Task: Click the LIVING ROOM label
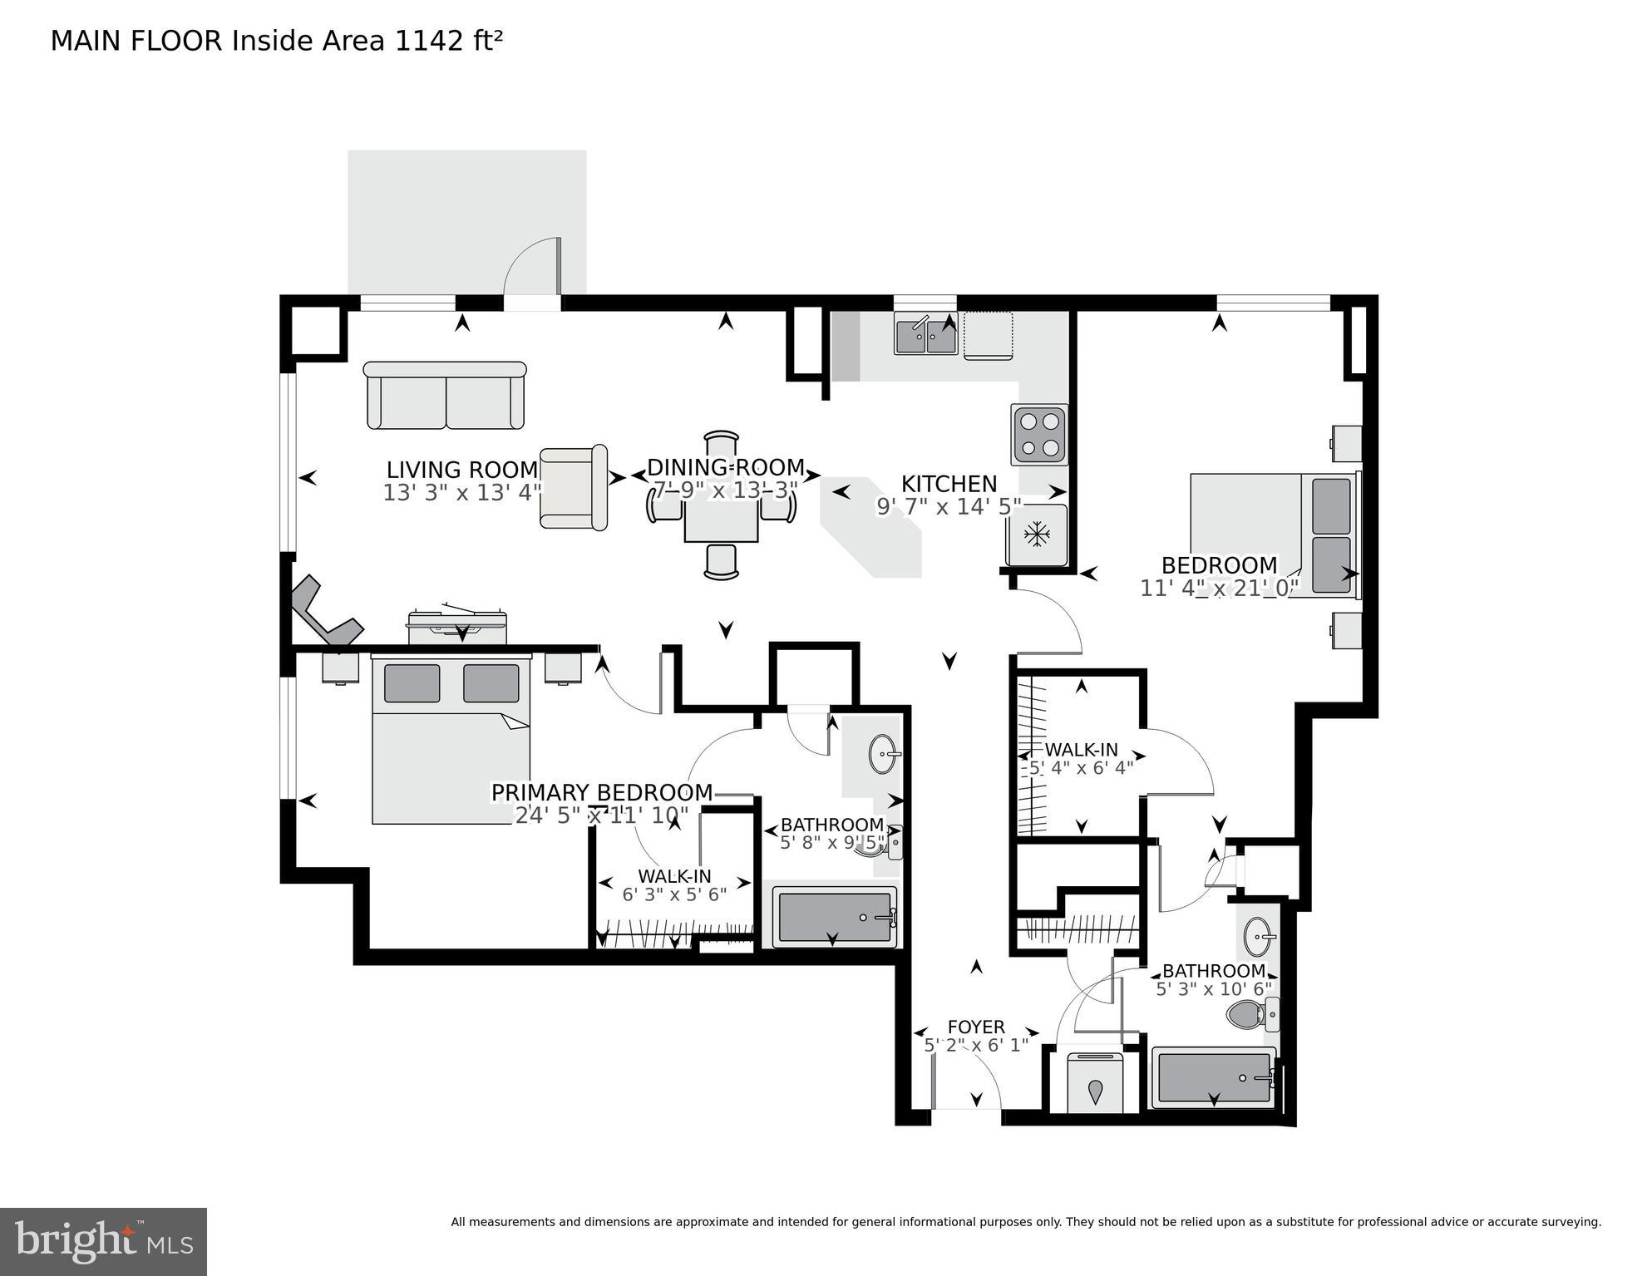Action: (462, 470)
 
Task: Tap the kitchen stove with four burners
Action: (1039, 435)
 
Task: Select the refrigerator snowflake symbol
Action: (1036, 535)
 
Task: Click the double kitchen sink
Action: (925, 334)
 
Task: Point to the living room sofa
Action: (446, 397)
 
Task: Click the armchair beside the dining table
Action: (573, 488)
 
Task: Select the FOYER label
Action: (976, 1027)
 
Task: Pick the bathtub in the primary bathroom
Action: (835, 917)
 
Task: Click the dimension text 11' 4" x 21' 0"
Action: (1219, 589)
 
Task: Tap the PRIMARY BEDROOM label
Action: (602, 792)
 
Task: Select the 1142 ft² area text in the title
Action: (449, 41)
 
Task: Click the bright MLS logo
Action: (103, 1241)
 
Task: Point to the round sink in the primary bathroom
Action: (883, 755)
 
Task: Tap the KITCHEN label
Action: (949, 484)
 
